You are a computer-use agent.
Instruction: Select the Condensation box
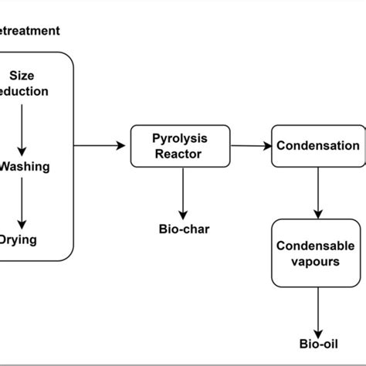point(317,146)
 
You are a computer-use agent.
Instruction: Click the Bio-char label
point(182,229)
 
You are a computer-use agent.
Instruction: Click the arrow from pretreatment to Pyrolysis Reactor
point(100,145)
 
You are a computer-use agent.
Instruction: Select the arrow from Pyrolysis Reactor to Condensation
point(251,145)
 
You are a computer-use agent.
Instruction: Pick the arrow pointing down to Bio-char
point(182,193)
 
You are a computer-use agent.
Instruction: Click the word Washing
point(25,165)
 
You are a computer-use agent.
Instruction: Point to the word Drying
point(19,239)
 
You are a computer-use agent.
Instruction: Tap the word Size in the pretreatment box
point(22,76)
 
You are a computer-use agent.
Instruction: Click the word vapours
point(317,261)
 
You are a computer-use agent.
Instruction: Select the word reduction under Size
point(25,91)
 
